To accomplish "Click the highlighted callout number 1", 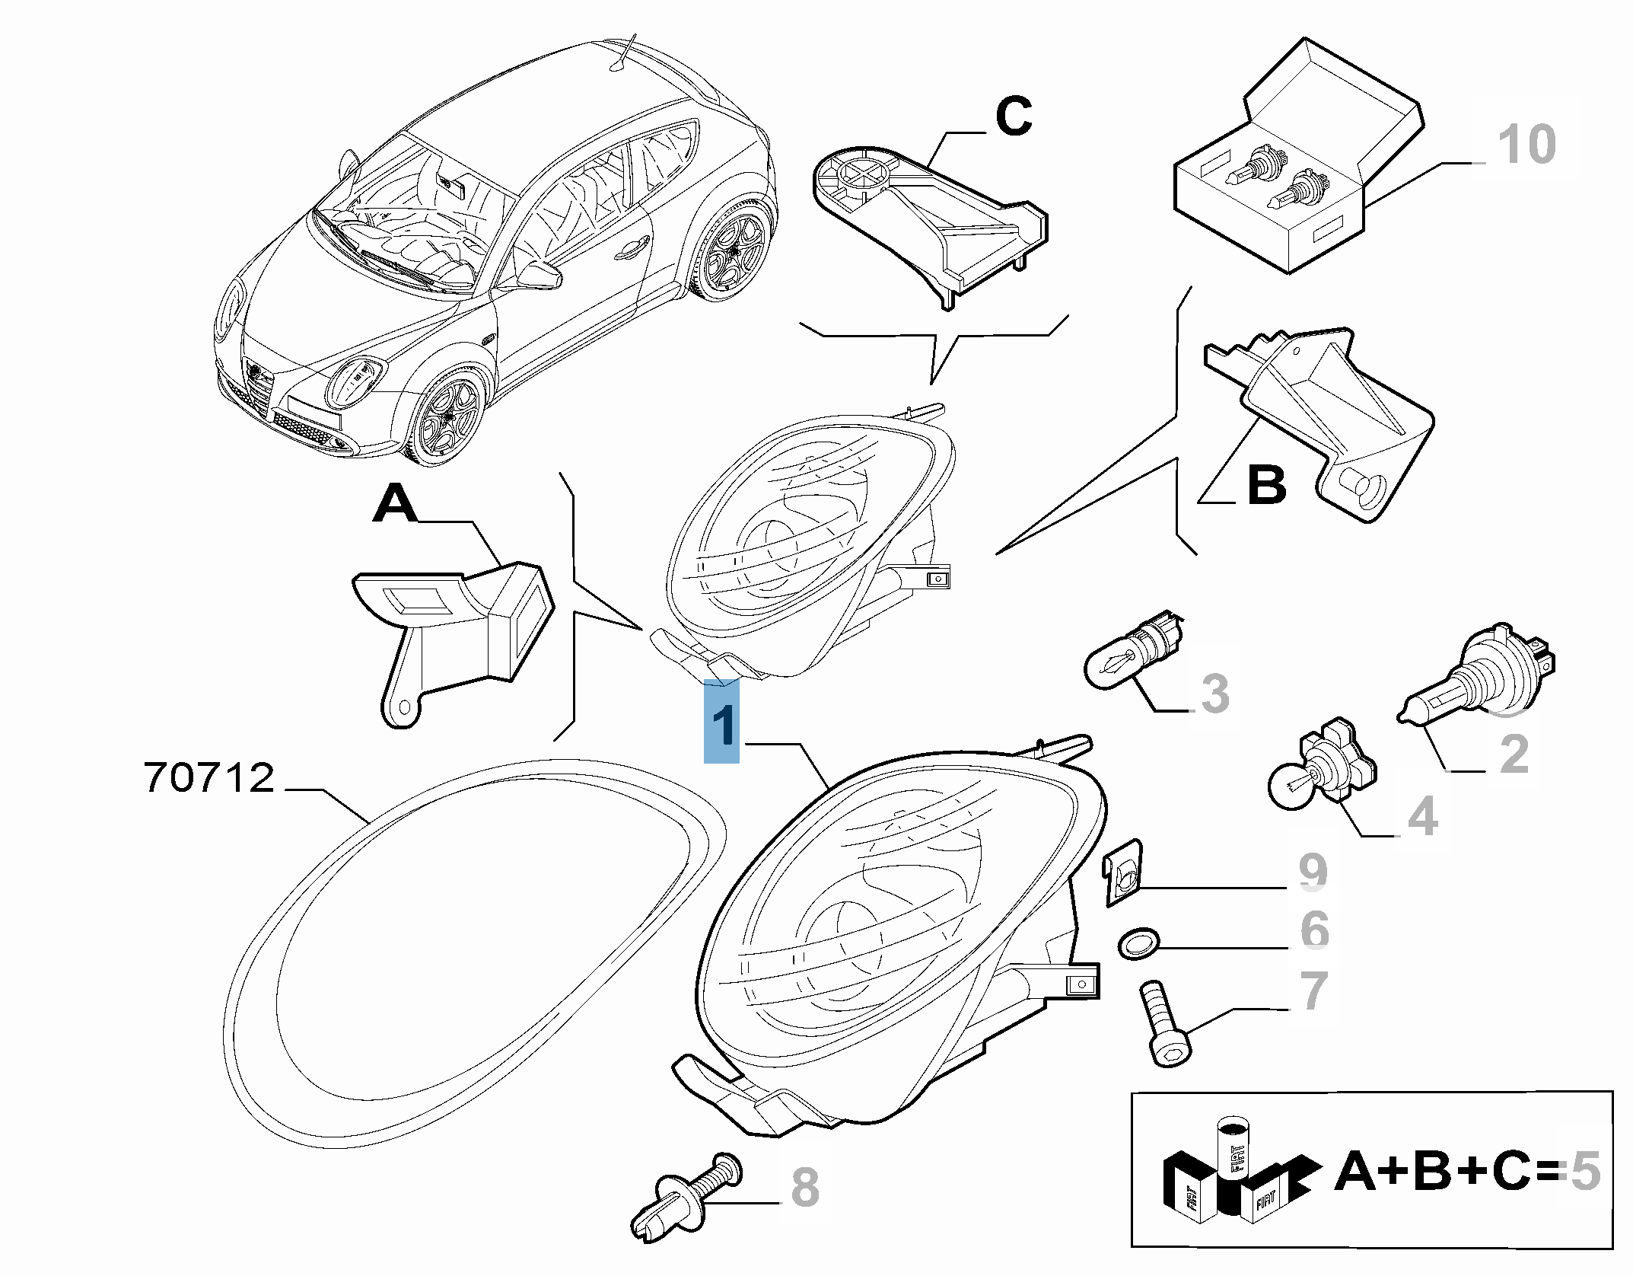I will tap(721, 722).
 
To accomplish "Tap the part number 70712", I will tap(209, 779).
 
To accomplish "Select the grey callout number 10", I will tap(1526, 145).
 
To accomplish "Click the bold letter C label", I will tap(1014, 117).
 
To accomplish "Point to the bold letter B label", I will tap(1267, 484).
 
